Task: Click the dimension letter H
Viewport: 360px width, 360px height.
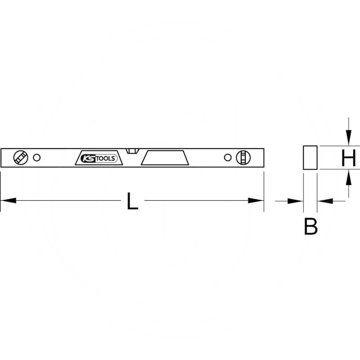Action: [348, 158]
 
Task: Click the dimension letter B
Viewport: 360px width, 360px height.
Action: [310, 226]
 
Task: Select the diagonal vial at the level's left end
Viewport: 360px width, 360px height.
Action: [21, 157]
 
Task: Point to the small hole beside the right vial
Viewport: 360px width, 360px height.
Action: [227, 157]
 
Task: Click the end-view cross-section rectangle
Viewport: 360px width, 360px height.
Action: [310, 157]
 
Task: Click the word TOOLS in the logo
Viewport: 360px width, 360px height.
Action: [106, 158]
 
